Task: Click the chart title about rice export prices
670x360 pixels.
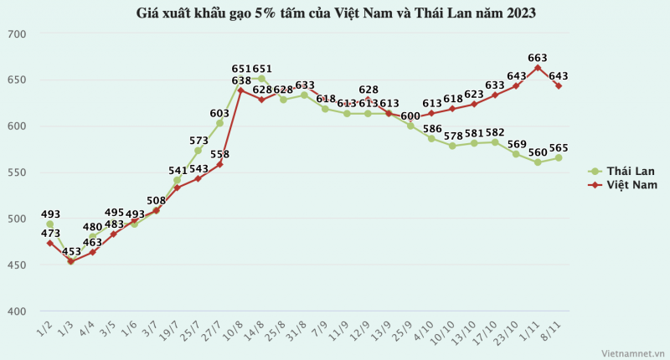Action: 335,13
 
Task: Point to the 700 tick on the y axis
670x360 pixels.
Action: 18,34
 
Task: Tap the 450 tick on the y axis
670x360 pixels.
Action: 18,265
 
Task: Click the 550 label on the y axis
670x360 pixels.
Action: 18,172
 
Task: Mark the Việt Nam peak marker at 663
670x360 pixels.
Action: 537,68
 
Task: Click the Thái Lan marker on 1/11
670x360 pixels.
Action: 537,162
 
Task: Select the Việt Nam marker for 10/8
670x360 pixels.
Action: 240,90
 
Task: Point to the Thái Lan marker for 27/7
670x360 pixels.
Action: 219,123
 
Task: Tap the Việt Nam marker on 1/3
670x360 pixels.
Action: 70,261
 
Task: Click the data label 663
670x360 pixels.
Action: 538,58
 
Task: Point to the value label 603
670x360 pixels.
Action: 219,113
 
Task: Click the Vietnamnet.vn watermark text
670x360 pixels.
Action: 631,352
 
